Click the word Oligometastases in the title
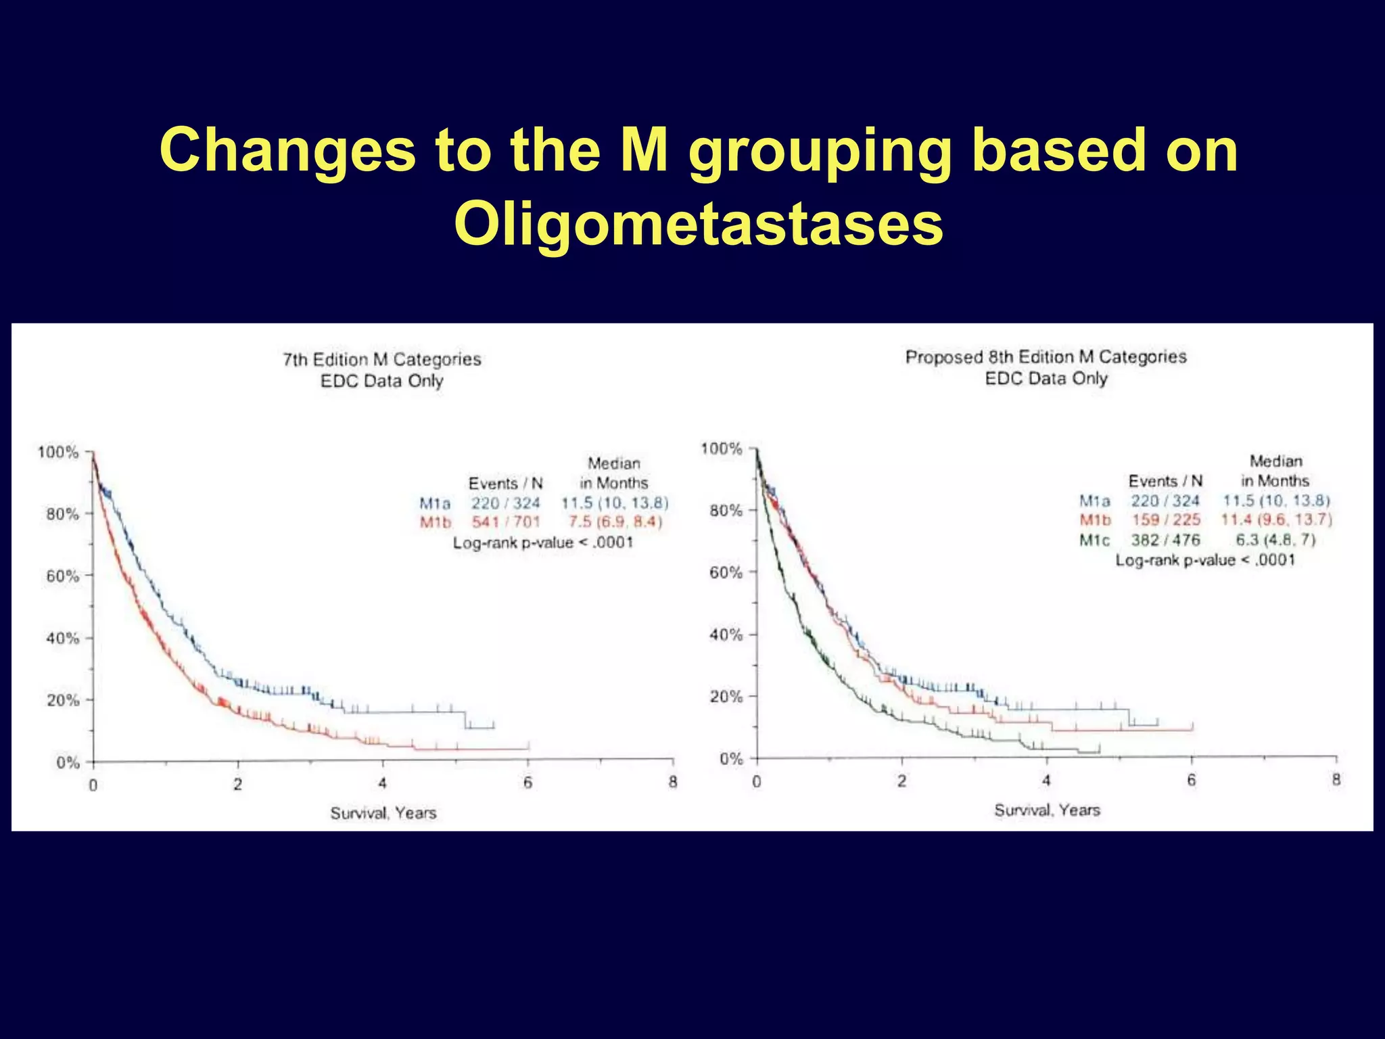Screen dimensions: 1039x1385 pyautogui.click(x=698, y=224)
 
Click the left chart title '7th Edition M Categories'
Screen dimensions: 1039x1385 pyautogui.click(x=382, y=359)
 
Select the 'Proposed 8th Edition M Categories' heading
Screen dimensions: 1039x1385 pyautogui.click(x=1046, y=356)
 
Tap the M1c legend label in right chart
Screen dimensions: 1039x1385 pyautogui.click(x=1094, y=540)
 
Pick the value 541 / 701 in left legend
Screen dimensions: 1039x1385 pyautogui.click(x=506, y=522)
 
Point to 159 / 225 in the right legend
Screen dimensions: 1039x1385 pyautogui.click(x=1166, y=519)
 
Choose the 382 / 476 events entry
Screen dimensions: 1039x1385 pyautogui.click(x=1165, y=540)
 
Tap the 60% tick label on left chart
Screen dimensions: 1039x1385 pyautogui.click(x=62, y=576)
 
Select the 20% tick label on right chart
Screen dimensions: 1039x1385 pyautogui.click(x=726, y=697)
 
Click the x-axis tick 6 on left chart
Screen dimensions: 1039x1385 pyautogui.click(x=527, y=783)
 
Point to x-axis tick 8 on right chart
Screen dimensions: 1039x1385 pyautogui.click(x=1336, y=780)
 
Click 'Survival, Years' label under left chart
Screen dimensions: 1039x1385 pyautogui.click(x=383, y=812)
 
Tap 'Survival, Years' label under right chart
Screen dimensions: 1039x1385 pyautogui.click(x=1047, y=810)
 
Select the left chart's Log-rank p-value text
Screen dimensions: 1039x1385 pyautogui.click(x=542, y=542)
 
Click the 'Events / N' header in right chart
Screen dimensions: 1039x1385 pyautogui.click(x=1165, y=481)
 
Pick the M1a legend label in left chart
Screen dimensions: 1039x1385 pyautogui.click(x=434, y=503)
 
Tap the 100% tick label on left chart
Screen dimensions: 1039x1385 pyautogui.click(x=58, y=452)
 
